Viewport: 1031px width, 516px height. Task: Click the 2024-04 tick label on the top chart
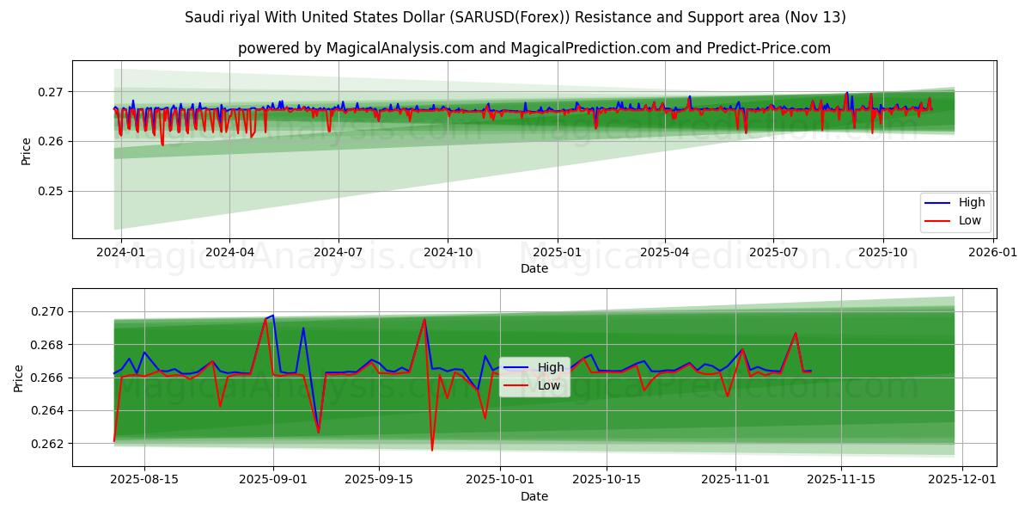pyautogui.click(x=229, y=252)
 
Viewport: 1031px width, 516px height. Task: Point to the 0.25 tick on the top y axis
pyautogui.click(x=51, y=191)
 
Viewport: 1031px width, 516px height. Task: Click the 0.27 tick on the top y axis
pyautogui.click(x=51, y=92)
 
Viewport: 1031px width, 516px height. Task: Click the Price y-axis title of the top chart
pyautogui.click(x=26, y=151)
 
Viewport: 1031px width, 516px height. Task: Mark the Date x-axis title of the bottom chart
pyautogui.click(x=534, y=496)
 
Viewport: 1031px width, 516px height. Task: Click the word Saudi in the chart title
pyautogui.click(x=203, y=17)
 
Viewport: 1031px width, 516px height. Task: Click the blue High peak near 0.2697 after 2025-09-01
pyautogui.click(x=273, y=316)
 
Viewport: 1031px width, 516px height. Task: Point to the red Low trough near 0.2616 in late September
pyautogui.click(x=432, y=450)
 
